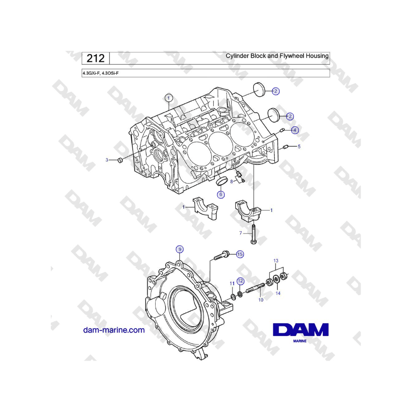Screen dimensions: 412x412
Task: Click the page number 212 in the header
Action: (x=95, y=58)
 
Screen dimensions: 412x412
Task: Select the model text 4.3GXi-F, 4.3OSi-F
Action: (x=101, y=73)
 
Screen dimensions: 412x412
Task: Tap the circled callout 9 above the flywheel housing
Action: (x=180, y=249)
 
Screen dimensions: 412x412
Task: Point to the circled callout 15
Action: (x=240, y=254)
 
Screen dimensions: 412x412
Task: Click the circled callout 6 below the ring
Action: (x=221, y=195)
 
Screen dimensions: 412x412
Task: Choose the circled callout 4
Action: (x=295, y=130)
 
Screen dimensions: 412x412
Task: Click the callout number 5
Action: (x=299, y=146)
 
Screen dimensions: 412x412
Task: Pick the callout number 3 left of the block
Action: (x=107, y=160)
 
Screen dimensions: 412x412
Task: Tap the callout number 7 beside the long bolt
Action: (x=240, y=233)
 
